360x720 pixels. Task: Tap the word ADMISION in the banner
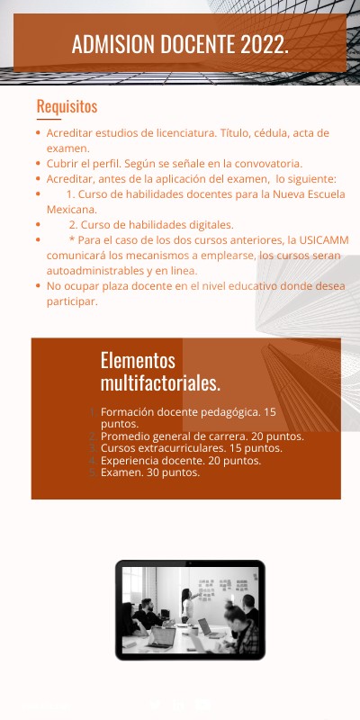[112, 44]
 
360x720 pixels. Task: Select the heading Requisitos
[67, 107]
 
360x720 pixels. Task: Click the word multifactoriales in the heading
[160, 383]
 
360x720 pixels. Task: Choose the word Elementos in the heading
[138, 360]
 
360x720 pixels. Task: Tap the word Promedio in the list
[125, 436]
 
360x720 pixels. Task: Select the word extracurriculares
[183, 448]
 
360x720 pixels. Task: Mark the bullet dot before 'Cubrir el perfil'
[37, 164]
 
